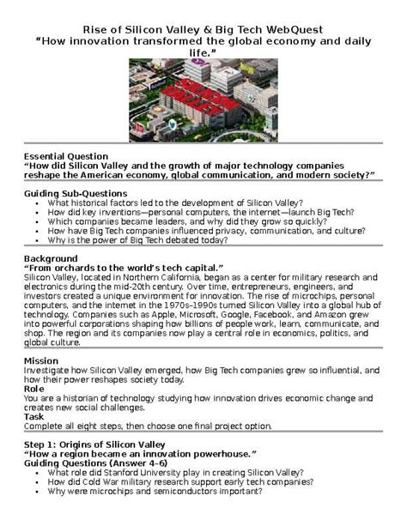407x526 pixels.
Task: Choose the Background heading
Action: point(51,258)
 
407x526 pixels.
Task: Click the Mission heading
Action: point(41,360)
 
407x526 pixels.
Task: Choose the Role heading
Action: point(34,389)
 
